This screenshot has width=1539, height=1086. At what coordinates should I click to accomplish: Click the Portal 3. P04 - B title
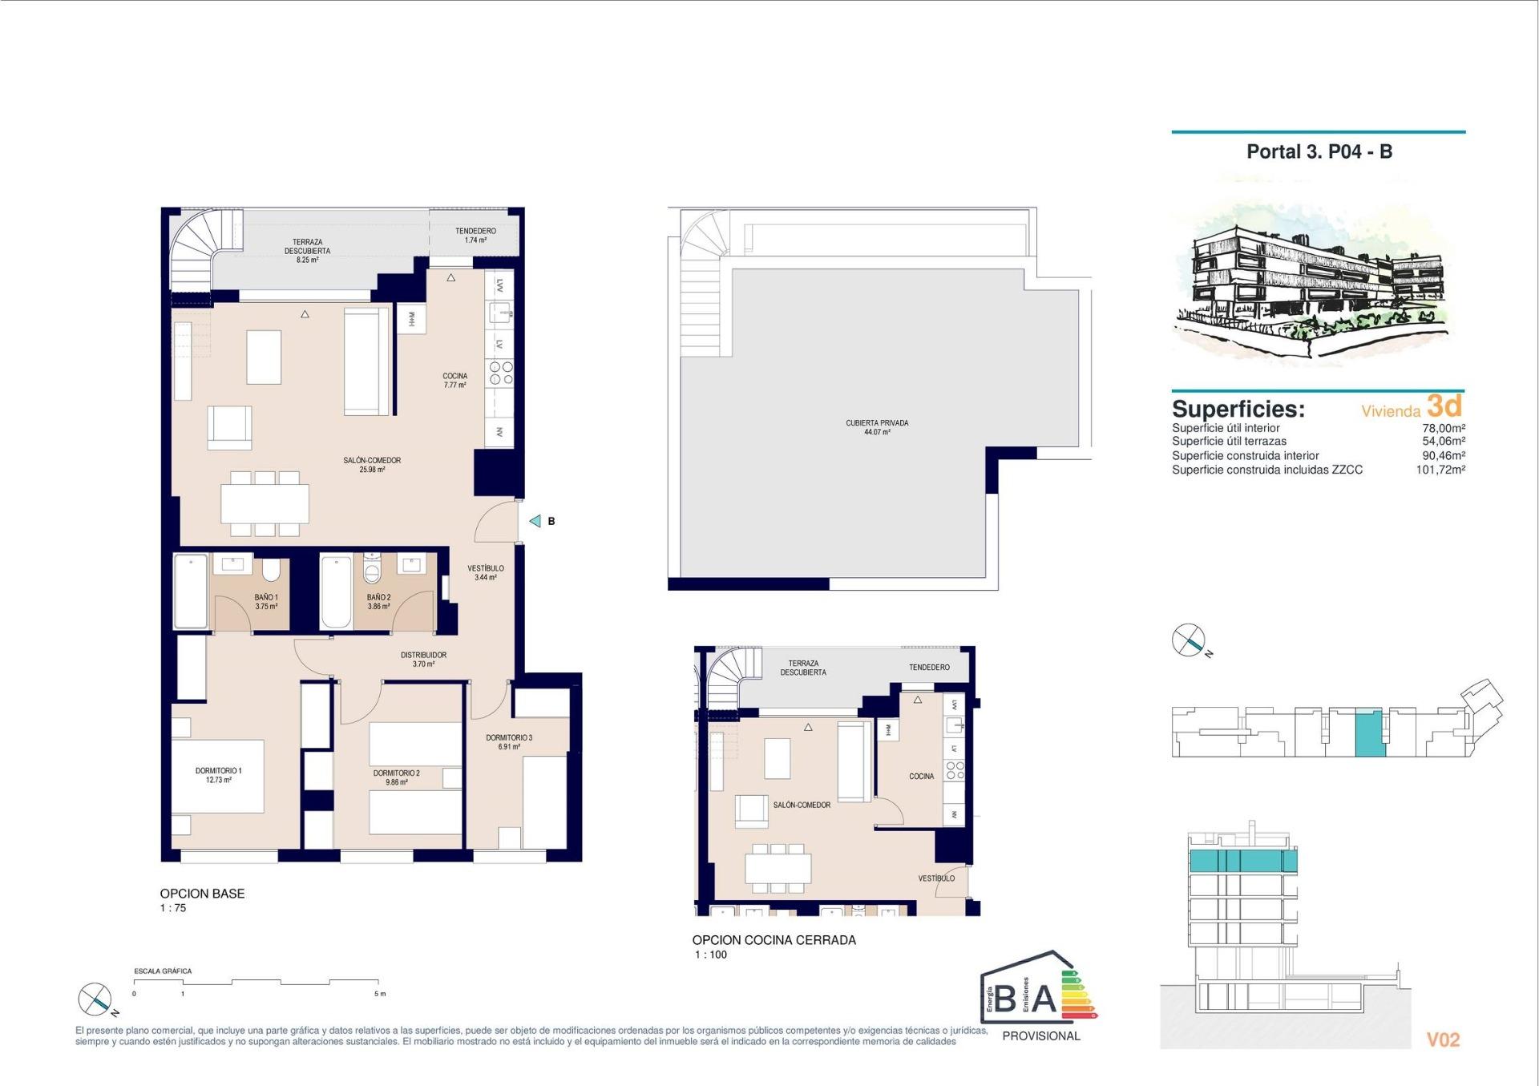pos(1319,151)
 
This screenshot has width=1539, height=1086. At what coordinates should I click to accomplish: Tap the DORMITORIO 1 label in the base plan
pos(218,774)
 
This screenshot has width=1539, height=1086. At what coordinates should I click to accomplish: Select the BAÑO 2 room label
pos(378,601)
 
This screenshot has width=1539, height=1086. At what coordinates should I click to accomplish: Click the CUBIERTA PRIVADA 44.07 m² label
pos(877,427)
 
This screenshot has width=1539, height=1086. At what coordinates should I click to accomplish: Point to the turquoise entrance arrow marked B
pos(535,521)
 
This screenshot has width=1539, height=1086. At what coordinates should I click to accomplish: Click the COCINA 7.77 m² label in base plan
pos(454,380)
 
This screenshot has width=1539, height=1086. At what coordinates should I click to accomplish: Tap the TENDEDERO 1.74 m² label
pos(475,235)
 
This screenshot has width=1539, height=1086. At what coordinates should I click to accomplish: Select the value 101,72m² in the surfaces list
pos(1440,470)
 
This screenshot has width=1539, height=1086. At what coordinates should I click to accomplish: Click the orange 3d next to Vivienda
pos(1444,406)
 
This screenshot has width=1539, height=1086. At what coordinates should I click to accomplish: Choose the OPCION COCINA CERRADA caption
pos(774,940)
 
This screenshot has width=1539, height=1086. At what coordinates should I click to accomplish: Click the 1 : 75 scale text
pos(172,908)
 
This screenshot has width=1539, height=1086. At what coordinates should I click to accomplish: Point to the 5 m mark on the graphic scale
pos(379,993)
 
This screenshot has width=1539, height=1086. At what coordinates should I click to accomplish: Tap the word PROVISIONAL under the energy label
pos(1040,1036)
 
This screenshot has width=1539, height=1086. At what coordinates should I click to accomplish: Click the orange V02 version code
pos(1443,1040)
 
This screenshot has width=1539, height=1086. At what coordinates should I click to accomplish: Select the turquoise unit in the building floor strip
pos(1369,733)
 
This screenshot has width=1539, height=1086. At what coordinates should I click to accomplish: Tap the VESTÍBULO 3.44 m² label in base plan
pos(486,572)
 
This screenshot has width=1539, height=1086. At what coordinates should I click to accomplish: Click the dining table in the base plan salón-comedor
pos(265,504)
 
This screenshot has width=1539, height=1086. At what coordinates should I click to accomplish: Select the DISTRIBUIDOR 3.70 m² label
pos(423,659)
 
